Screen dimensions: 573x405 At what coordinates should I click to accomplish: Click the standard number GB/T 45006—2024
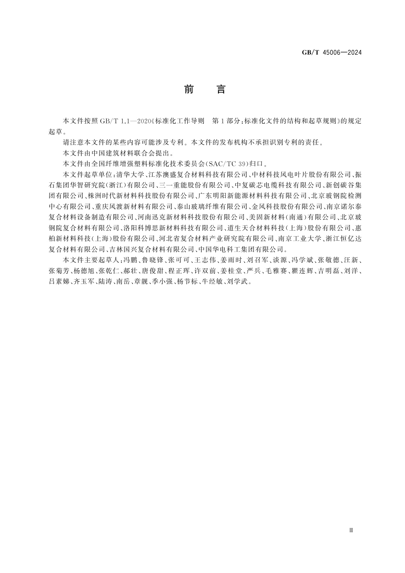(332, 53)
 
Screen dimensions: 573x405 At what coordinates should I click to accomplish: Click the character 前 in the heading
(189, 89)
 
